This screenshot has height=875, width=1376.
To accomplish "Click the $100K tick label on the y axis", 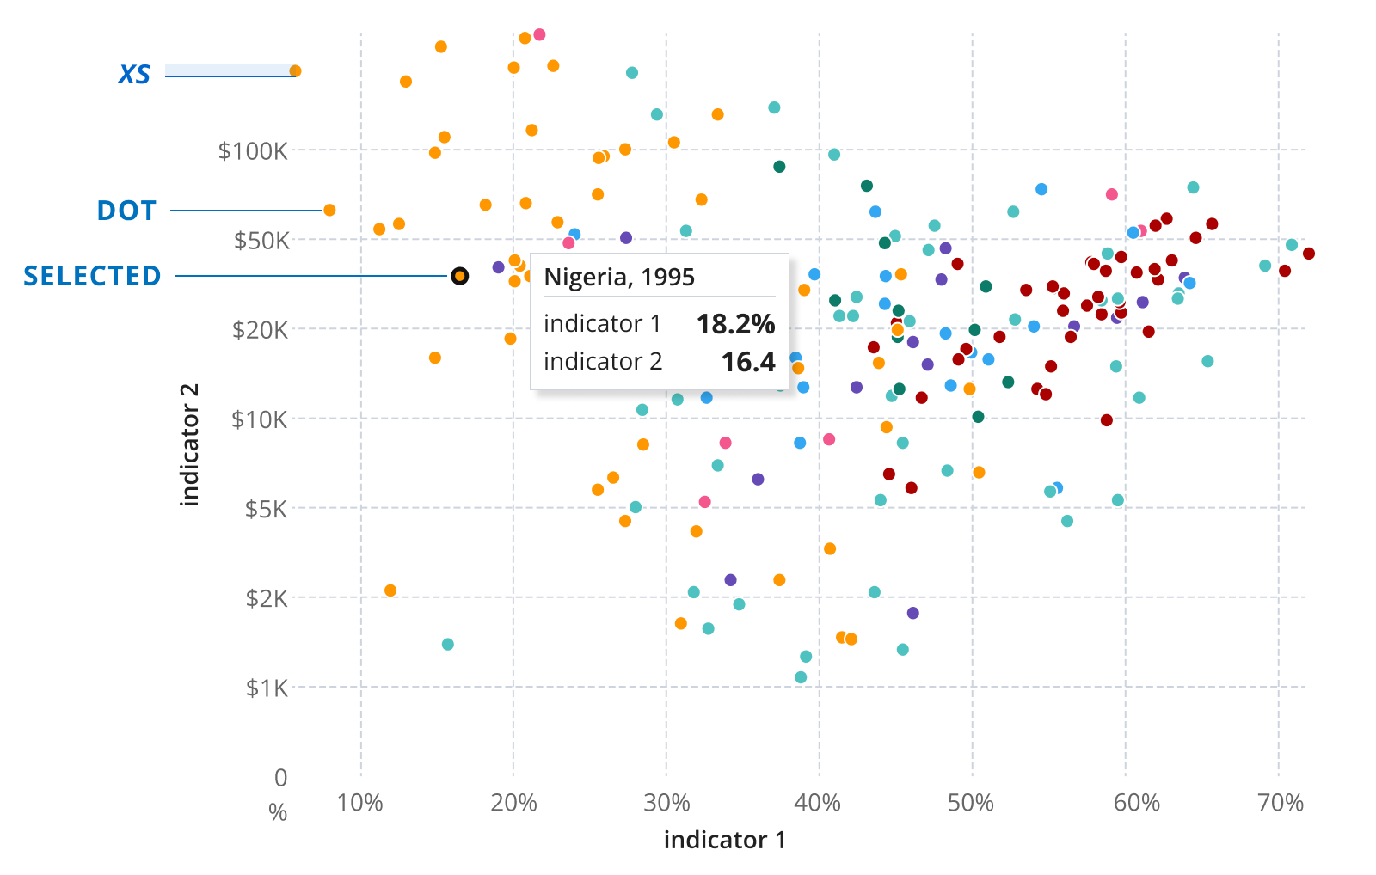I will [x=252, y=151].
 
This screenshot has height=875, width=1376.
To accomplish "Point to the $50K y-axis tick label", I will [x=261, y=241].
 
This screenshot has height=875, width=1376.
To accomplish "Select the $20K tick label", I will [x=260, y=330].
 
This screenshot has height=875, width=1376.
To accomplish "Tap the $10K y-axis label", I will [x=260, y=419].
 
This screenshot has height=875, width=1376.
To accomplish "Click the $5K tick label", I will [x=266, y=509].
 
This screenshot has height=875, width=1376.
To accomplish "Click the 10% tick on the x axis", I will [x=359, y=803].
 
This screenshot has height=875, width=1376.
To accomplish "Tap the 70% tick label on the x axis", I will [x=1281, y=803].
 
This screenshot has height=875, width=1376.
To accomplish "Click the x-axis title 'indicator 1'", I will [x=724, y=840].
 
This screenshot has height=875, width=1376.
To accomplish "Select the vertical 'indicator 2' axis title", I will [x=189, y=444].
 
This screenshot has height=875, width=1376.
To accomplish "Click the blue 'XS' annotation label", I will [x=134, y=75].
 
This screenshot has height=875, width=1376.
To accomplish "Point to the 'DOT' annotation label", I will [x=126, y=211].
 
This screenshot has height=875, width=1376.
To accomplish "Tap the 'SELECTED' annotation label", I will [x=92, y=276].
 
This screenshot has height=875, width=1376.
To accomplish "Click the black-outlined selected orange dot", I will [x=460, y=276].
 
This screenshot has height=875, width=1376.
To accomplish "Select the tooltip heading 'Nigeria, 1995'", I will [x=619, y=277].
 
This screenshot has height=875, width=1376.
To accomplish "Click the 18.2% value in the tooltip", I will [x=735, y=324].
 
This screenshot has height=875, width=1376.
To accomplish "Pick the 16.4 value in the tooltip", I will [x=747, y=362].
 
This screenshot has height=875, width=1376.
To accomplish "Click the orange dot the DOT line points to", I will [x=329, y=210].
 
